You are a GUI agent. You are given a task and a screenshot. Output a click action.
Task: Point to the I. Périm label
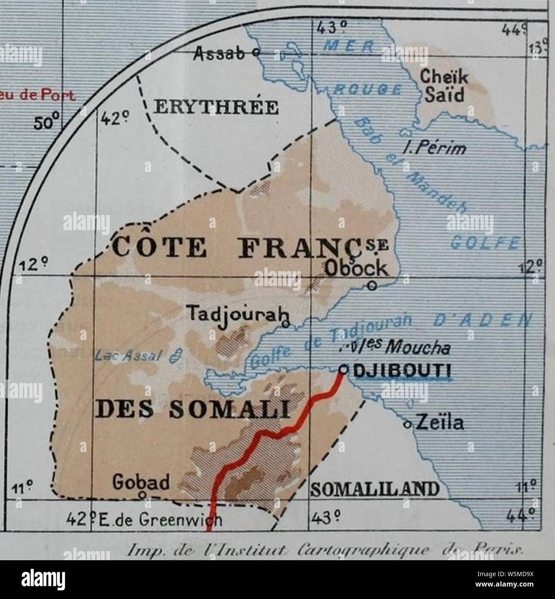pos(434,148)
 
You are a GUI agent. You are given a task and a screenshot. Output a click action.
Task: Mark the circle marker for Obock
pos(372,284)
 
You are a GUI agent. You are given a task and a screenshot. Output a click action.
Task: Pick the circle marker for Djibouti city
pos(343,369)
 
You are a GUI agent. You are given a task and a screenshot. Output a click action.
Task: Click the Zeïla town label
pos(439,423)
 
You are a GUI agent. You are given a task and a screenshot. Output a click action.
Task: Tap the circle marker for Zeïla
pos(406,424)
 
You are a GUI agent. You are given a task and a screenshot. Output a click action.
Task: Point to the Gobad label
pos(141,483)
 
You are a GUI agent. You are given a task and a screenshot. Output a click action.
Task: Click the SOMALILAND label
pos(375,489)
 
